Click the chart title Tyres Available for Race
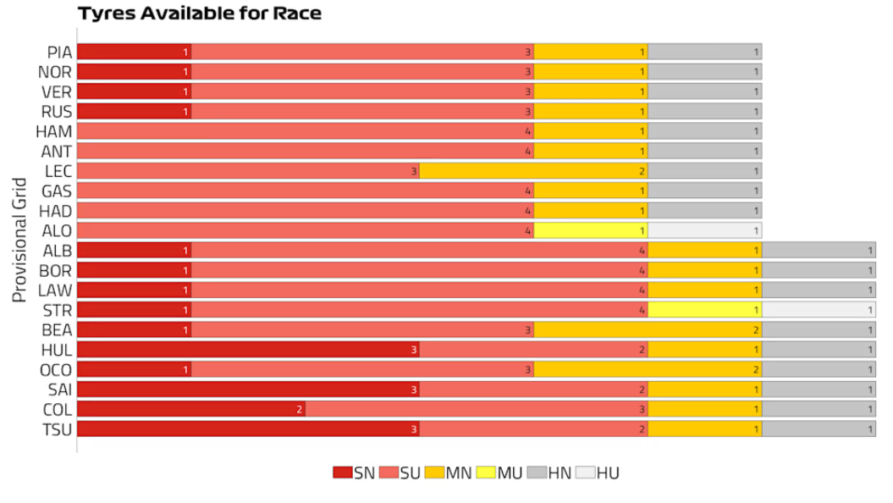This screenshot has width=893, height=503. click(x=200, y=14)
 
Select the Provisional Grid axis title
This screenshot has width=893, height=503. click(x=20, y=240)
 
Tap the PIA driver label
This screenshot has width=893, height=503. click(x=59, y=53)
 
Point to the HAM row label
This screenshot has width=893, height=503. click(x=53, y=131)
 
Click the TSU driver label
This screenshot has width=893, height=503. click(x=57, y=429)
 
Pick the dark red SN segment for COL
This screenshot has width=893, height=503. click(x=191, y=409)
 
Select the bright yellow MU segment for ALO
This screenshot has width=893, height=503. click(x=590, y=230)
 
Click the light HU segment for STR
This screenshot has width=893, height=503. click(x=819, y=310)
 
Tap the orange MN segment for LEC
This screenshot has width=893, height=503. click(x=533, y=171)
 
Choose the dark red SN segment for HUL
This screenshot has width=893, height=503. click(x=248, y=350)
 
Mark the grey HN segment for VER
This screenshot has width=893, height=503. click(x=704, y=91)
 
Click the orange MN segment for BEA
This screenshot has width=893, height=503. click(x=648, y=329)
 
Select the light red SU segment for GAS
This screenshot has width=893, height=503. click(x=306, y=191)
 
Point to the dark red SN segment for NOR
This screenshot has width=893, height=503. click(x=134, y=72)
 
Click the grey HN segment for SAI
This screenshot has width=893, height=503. click(x=819, y=390)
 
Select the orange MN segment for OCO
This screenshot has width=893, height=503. click(x=648, y=369)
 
